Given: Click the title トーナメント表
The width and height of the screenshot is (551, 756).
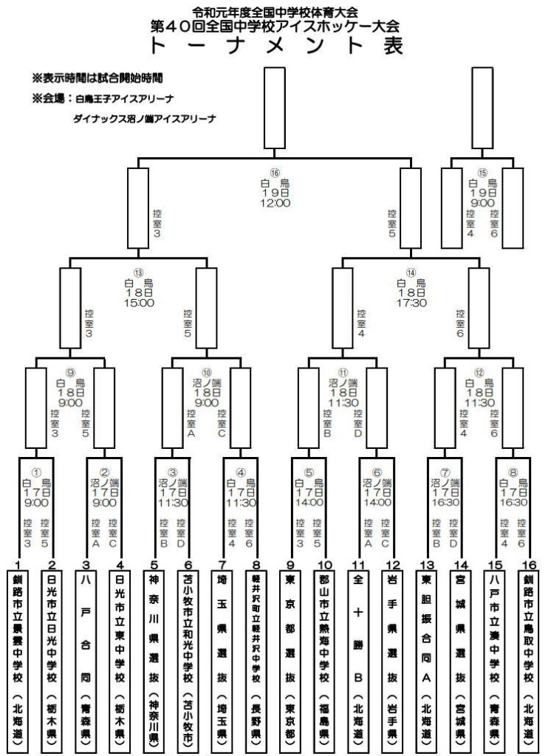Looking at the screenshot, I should (275, 47).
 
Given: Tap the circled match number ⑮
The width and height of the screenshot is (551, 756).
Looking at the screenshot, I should (482, 173).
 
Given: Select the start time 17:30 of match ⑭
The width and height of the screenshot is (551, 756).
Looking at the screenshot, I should (411, 303).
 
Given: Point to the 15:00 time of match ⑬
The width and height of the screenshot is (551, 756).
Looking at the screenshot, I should (138, 303).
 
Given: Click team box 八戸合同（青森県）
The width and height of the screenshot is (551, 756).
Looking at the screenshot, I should (87, 658).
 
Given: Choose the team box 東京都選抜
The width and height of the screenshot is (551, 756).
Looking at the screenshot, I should (290, 658).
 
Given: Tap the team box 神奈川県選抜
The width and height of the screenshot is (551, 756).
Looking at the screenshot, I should (154, 658).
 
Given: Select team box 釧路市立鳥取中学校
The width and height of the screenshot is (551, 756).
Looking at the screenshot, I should (527, 658).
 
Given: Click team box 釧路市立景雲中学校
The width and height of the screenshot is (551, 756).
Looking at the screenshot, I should (18, 658).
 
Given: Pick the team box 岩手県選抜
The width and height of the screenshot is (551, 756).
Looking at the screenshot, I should (392, 658).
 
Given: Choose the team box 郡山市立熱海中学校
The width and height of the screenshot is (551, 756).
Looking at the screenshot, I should (324, 658).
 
